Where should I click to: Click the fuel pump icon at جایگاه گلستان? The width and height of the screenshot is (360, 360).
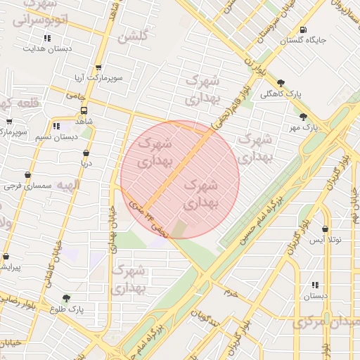tap(302, 30)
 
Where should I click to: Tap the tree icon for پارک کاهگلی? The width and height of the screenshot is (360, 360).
tap(281, 82)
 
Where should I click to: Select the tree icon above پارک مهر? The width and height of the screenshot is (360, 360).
tap(303, 117)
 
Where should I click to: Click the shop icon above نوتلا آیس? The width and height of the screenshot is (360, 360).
tap(325, 229)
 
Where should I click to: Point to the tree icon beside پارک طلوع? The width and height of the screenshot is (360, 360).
tap(67, 298)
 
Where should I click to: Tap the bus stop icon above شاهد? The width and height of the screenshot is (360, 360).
tap(84, 110)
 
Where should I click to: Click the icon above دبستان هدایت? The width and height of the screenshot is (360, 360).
tap(47, 38)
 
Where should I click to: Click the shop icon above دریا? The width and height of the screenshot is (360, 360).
tap(86, 153)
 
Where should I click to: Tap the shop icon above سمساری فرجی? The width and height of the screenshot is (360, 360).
tap(27, 175)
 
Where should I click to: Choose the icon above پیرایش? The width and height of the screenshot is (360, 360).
tap(6, 257)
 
